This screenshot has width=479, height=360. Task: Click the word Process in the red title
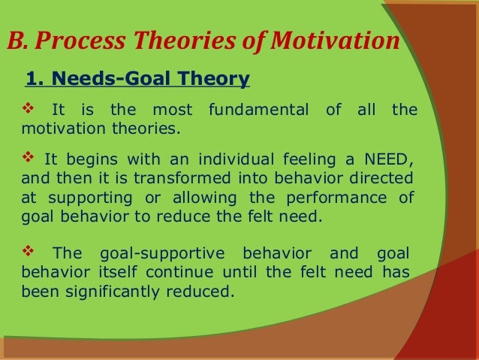pyautogui.click(x=80, y=41)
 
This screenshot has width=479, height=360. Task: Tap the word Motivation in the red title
pyautogui.click(x=335, y=40)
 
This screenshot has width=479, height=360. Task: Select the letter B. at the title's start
pyautogui.click(x=17, y=40)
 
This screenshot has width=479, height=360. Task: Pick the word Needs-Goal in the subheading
pyautogui.click(x=112, y=78)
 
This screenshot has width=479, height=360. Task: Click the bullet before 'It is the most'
pyautogui.click(x=28, y=108)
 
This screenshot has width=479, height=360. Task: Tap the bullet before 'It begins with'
pyautogui.click(x=28, y=157)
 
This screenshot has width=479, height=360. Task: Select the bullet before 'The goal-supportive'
pyautogui.click(x=28, y=251)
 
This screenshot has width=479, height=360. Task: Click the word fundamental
pyautogui.click(x=259, y=109)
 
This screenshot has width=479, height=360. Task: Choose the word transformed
pyautogui.click(x=182, y=177)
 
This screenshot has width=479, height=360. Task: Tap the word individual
pyautogui.click(x=236, y=159)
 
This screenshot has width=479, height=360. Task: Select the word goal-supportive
pyautogui.click(x=162, y=254)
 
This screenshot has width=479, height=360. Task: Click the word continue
pyautogui.click(x=179, y=272)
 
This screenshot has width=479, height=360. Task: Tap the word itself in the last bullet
pyautogui.click(x=118, y=272)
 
